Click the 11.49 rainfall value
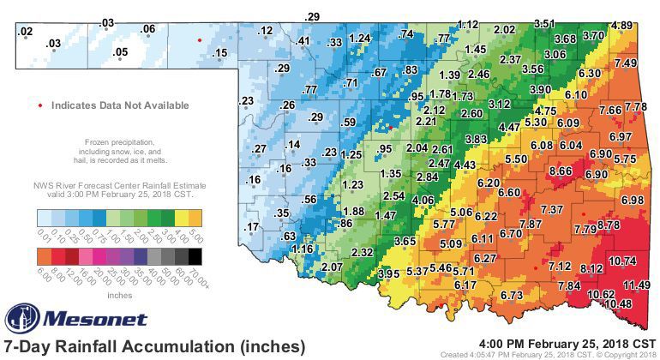tap(636, 285)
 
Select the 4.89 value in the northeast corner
tap(622, 26)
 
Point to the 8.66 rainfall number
tap(561, 171)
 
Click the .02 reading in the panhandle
tap(25, 32)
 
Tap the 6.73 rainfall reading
tap(512, 295)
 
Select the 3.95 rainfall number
tap(389, 273)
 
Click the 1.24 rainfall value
tap(360, 39)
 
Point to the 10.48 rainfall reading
tap(617, 303)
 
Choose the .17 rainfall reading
tap(252, 226)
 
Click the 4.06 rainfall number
tap(423, 200)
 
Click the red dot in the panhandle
tap(200, 40)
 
